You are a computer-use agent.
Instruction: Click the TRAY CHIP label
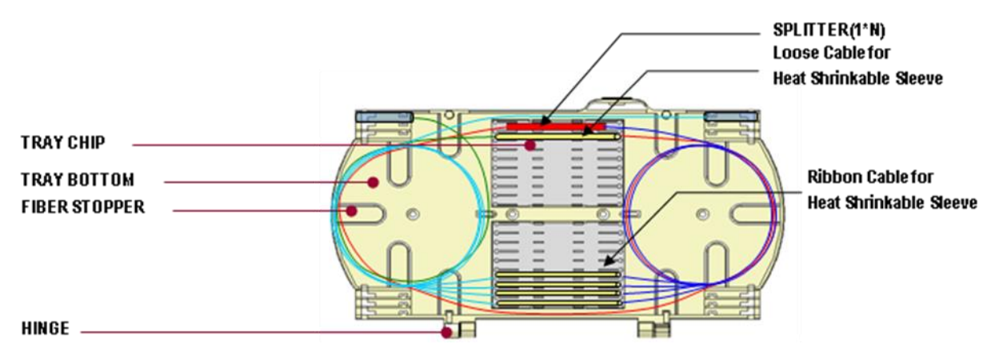click(63, 142)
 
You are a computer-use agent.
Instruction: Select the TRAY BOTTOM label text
click(78, 179)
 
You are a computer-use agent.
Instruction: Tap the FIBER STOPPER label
click(83, 206)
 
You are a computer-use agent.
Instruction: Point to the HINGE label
click(46, 328)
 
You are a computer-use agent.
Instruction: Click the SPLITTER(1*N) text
click(829, 30)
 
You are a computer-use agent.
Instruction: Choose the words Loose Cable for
click(832, 53)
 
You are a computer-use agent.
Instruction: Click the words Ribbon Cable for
click(870, 177)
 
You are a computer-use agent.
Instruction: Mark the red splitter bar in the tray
click(557, 127)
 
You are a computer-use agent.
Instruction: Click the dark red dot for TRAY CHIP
click(530, 145)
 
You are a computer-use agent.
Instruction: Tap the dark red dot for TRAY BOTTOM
click(374, 182)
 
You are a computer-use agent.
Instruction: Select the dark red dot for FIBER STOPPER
click(351, 211)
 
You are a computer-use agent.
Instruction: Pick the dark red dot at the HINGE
click(447, 332)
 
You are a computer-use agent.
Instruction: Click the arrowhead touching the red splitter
click(545, 121)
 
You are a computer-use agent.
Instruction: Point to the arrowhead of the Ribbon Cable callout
click(609, 261)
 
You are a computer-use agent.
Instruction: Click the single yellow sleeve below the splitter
click(557, 137)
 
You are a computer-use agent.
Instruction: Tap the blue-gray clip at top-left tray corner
click(384, 117)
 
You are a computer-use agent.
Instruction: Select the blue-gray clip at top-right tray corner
click(730, 117)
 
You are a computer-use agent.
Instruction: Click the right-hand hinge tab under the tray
click(654, 329)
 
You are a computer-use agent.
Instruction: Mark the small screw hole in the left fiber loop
click(413, 214)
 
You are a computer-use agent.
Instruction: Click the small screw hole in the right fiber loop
click(702, 214)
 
